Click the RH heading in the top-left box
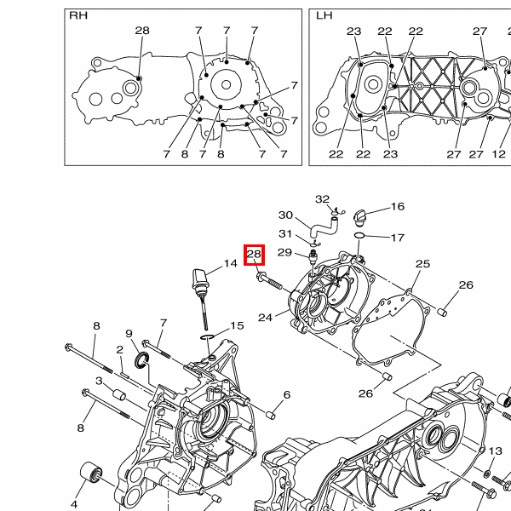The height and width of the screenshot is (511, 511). pos(78,16)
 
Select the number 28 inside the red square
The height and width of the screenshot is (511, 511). pos(255,254)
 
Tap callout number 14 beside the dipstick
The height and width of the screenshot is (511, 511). pos(231,264)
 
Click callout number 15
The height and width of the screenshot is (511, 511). pos(237,325)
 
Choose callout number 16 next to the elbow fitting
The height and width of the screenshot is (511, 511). pos(398,207)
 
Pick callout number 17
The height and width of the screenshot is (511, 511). pos(398,237)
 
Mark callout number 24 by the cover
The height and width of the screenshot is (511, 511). pos(266,318)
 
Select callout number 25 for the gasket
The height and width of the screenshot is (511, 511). pos(423,265)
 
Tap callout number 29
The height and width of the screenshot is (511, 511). pos(285,252)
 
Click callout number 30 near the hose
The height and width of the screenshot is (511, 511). pos(285,215)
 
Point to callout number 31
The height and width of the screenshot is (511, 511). pos(285,234)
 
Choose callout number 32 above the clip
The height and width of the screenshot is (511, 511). pos(322,199)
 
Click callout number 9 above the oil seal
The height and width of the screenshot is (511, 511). pos(129,334)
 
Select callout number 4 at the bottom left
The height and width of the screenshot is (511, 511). pos(74,492)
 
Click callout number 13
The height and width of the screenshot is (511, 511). pos(495,451)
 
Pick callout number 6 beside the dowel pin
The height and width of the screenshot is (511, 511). pos(287,395)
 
